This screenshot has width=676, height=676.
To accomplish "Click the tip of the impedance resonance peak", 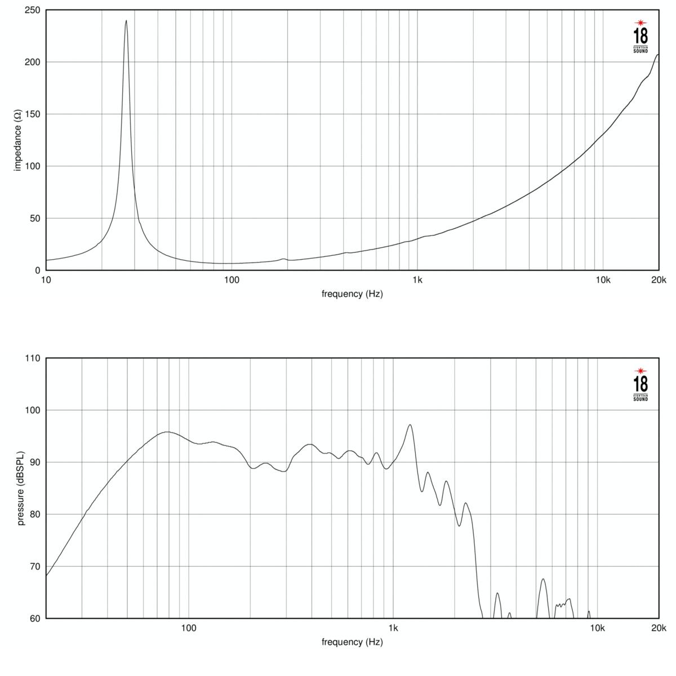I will pos(126,21).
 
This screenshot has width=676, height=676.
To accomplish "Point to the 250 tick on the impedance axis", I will pos(32,11).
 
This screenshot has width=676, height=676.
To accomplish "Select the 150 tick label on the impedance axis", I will pos(32,114).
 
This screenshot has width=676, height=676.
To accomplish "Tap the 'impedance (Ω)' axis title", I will pos(17,140).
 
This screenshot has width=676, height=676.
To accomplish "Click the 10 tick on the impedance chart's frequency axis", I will pos(46,279).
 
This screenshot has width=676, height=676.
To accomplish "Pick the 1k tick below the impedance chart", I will pos(417,279).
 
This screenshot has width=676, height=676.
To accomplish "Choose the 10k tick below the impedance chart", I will pos(603,279).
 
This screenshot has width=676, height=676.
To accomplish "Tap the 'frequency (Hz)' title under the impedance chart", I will pos(352,293).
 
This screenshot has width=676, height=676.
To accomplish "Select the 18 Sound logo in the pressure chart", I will pos(641,385).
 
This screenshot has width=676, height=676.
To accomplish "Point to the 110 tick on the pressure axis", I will pos(32,358).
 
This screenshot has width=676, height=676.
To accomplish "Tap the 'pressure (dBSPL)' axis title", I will pos(21,488).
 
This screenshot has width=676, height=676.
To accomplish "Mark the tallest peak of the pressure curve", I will pos(410,425).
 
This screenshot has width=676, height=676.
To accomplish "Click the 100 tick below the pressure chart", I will pos(188,628).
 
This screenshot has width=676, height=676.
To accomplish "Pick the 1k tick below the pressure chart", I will pos(393,628).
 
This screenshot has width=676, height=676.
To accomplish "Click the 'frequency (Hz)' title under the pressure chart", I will pos(352,642).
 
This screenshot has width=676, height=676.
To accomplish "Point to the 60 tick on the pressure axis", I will pos(34,619).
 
